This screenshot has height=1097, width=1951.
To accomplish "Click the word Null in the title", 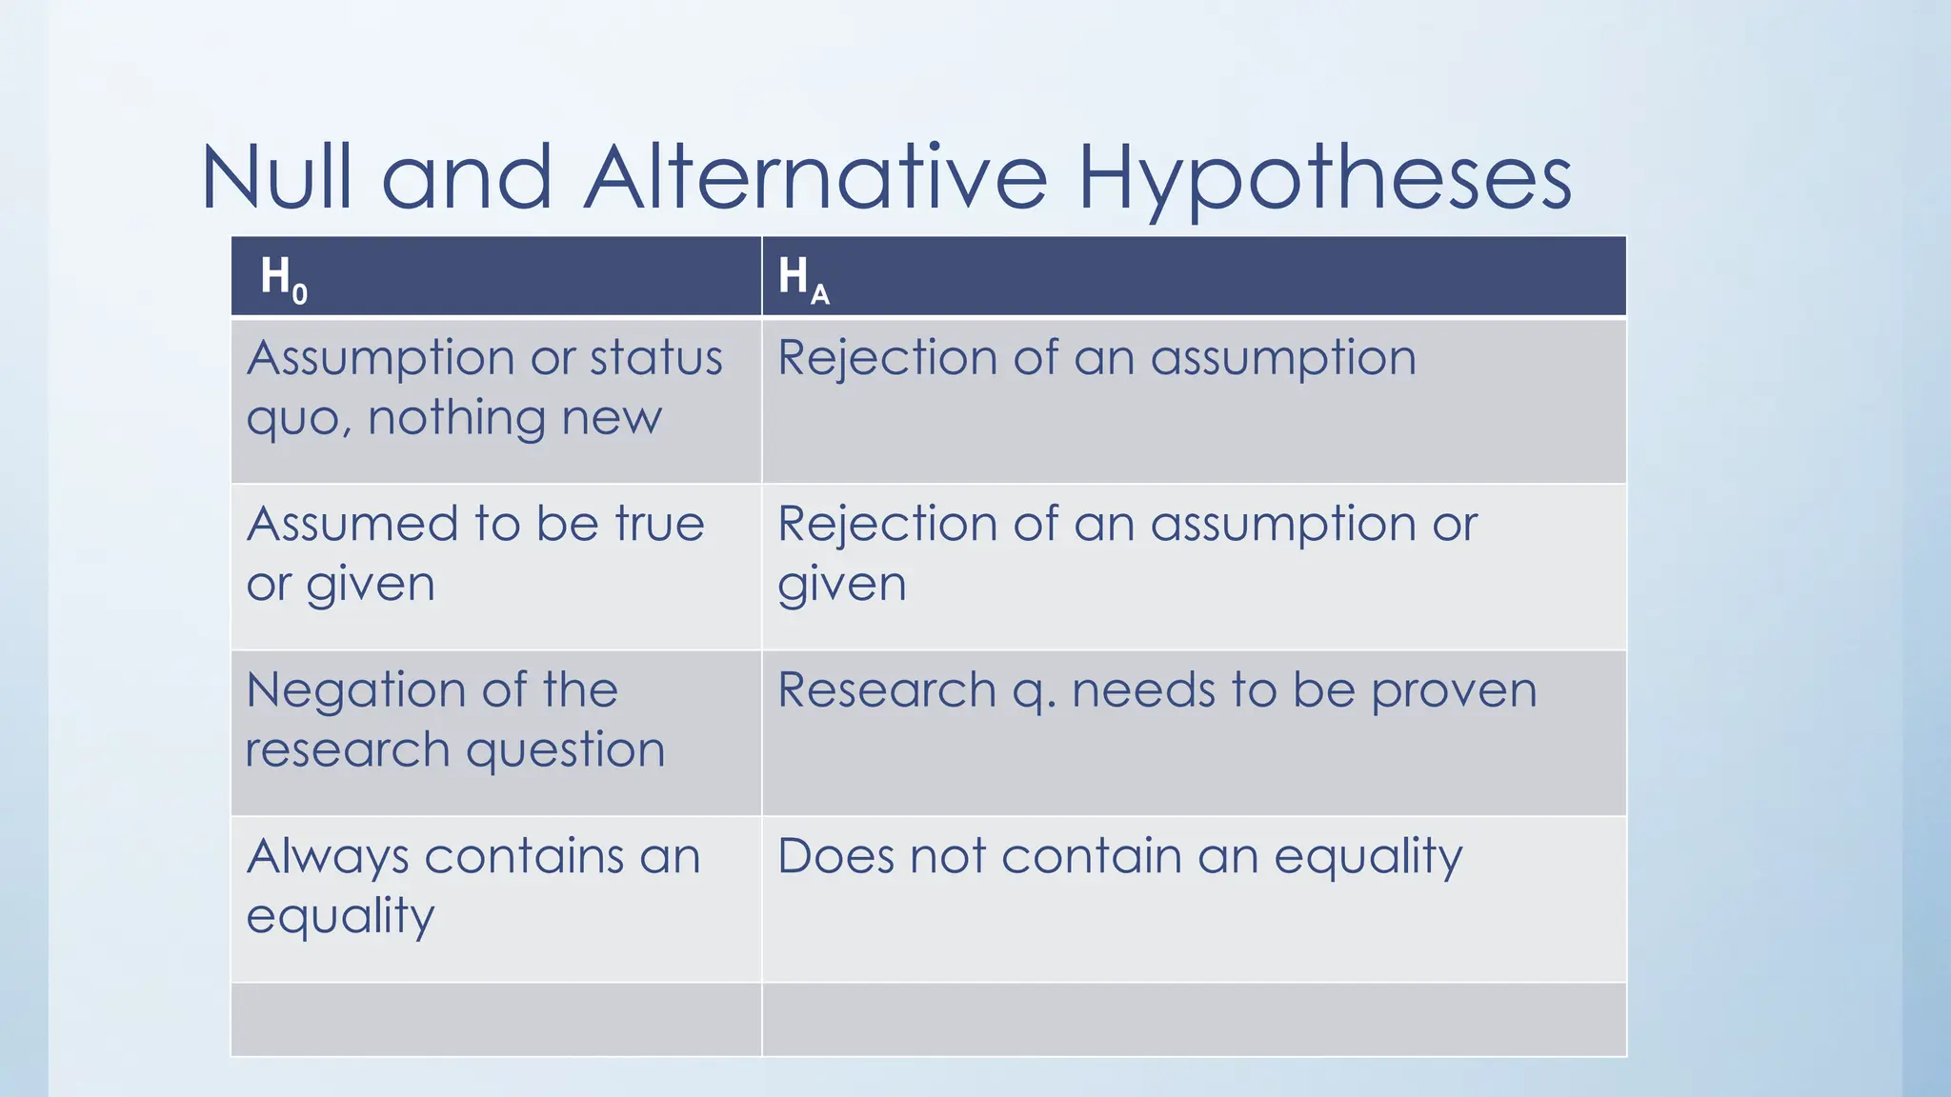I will (x=275, y=177).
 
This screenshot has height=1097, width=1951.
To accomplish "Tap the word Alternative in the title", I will (x=815, y=177).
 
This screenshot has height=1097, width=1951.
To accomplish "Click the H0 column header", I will (x=283, y=277).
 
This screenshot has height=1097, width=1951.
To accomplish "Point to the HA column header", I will (x=803, y=278).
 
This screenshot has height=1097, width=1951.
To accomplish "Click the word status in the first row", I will (x=655, y=359).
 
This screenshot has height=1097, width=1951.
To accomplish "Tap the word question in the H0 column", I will (x=565, y=750).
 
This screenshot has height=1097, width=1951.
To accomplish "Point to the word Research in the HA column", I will (x=886, y=690).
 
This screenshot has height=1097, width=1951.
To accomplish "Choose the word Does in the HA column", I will (x=834, y=856).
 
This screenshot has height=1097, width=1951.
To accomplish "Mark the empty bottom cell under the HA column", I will (x=1194, y=1019).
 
